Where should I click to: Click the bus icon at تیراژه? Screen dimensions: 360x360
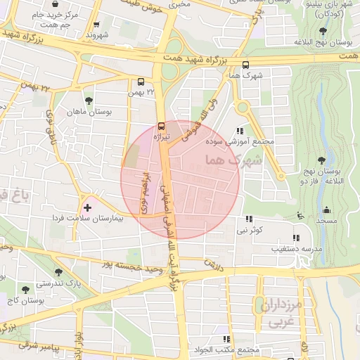coord(162,127)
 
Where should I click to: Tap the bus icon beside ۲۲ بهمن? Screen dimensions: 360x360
coord(141,81)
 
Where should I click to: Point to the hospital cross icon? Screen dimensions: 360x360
coord(87,207)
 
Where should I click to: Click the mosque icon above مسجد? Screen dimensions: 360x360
coord(326,210)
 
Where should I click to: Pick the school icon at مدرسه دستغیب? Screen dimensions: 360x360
coord(295,238)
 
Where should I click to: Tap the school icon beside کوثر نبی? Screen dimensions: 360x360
coord(249,219)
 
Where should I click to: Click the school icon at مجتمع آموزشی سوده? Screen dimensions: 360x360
coord(240,130)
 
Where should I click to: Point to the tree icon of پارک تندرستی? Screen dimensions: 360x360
coord(56,273)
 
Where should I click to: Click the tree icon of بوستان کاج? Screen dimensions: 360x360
coord(26,289)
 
